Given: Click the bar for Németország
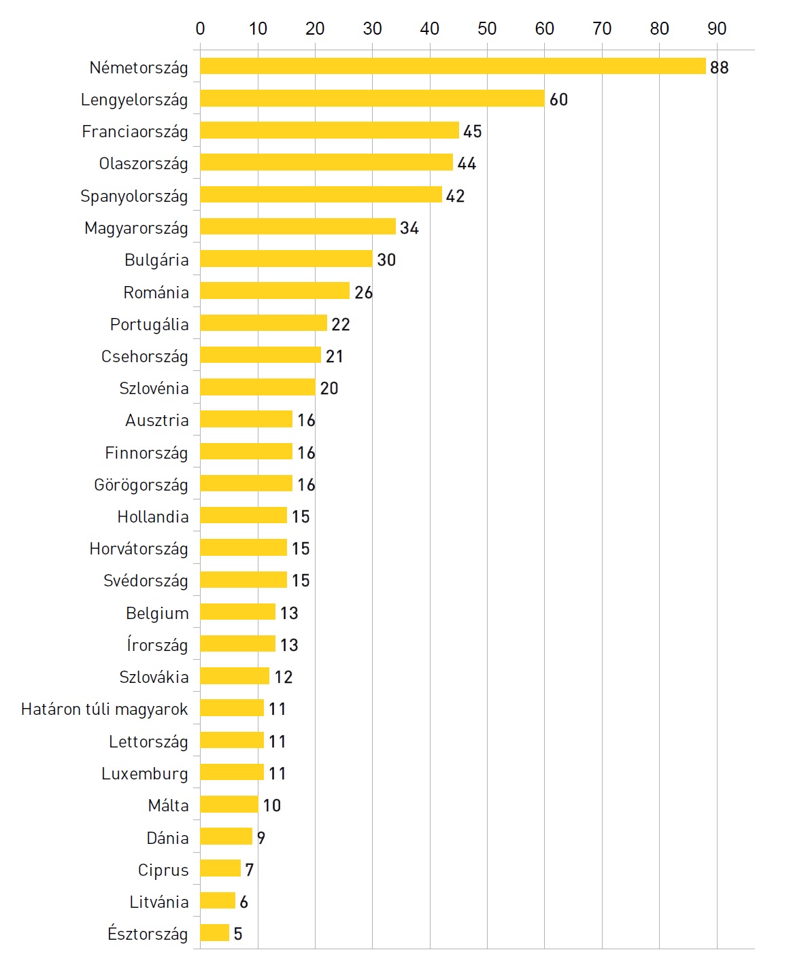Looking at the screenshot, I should point(452,66).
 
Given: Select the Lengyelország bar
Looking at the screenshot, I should point(372,99).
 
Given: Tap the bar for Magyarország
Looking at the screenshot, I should point(297,227).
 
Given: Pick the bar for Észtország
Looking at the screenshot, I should point(214,933).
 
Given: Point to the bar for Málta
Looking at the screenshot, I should point(229,805).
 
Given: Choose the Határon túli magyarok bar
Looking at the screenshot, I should point(231,708).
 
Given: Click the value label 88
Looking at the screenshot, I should point(719,67).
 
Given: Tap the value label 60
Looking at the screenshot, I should point(558,99).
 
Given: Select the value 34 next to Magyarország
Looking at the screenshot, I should point(409,228).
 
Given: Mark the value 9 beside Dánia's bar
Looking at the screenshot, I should point(261,837).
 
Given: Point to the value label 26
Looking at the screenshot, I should point(363,292).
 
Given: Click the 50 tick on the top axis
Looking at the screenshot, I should point(487,29).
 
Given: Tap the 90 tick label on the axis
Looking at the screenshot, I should point(717,29).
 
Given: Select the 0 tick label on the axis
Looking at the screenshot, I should point(200,29).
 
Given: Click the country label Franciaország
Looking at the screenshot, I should point(135,131).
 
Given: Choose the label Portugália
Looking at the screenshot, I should point(149,324).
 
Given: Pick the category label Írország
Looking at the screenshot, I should point(157,644).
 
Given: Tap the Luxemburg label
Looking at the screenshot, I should point(144,773).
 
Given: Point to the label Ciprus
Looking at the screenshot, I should point(163,870).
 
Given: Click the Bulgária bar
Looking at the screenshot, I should point(286,259).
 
